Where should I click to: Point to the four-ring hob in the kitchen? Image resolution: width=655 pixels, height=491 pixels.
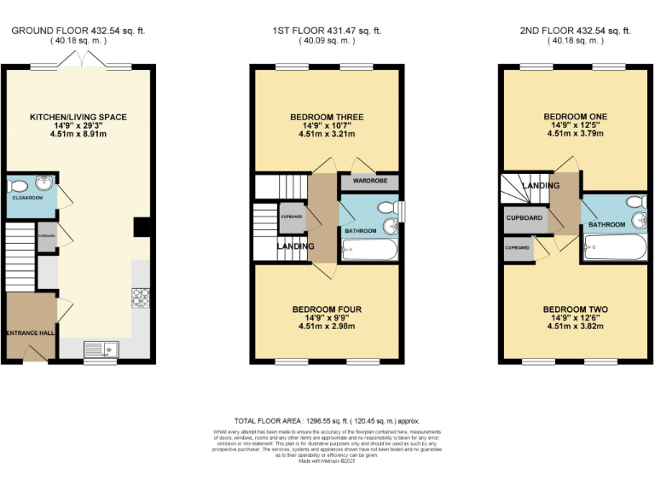141,298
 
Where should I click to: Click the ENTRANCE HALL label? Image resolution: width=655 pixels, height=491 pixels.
30,332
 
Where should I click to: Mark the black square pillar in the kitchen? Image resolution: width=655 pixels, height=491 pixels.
142,227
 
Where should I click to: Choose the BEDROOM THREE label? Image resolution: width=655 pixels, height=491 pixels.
328,117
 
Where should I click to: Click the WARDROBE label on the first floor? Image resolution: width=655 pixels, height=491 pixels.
370,182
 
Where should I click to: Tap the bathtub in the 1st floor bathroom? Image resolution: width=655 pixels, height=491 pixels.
368,250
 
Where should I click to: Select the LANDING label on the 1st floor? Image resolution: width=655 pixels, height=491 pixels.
294,247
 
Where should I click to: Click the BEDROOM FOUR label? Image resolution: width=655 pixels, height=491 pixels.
328,309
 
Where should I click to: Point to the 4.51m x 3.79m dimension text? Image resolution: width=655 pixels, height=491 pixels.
577,133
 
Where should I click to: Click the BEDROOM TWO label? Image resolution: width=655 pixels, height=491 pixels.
577,309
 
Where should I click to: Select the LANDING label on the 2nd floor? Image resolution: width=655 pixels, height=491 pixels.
541,185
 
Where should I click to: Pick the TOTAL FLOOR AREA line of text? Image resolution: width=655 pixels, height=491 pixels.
327,421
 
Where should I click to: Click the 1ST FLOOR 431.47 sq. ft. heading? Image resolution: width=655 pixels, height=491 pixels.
327,31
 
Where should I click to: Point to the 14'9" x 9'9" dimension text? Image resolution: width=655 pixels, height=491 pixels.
328,316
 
